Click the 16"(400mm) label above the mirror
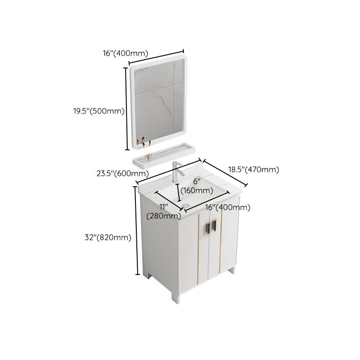click(126, 53)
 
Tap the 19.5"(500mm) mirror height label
click(99, 111)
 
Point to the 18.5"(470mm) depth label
click(254, 170)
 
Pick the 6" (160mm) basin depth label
click(197, 186)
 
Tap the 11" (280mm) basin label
click(164, 211)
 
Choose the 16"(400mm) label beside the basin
click(228, 207)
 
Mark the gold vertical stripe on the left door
click(198, 243)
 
